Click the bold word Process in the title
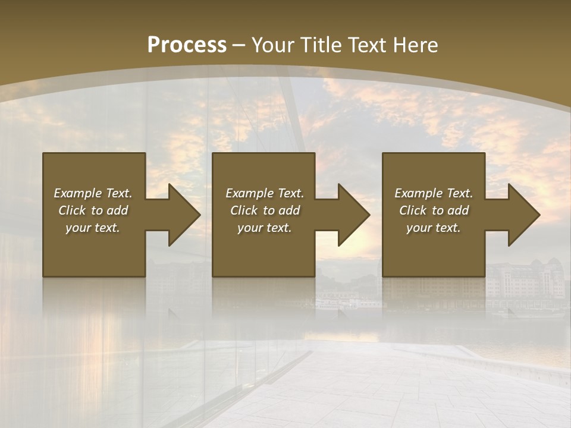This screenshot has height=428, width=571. (187, 45)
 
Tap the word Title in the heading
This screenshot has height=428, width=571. (321, 45)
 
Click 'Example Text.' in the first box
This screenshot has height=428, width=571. (93, 193)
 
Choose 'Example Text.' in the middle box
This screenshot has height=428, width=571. (265, 193)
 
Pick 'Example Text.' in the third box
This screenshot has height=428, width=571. (434, 193)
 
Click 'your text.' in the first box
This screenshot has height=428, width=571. (93, 228)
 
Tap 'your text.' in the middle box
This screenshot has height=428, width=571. (265, 228)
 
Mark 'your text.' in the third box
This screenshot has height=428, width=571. (434, 228)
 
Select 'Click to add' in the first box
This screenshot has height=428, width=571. (93, 210)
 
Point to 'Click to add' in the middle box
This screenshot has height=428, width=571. (265, 210)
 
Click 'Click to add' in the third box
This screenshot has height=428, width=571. (434, 210)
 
